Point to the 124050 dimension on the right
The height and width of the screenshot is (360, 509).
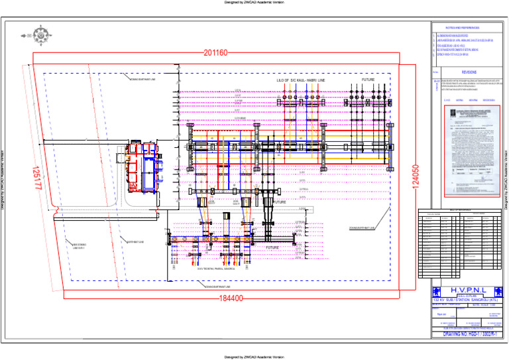tap(415, 178)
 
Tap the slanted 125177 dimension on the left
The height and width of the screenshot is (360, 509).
tap(36, 178)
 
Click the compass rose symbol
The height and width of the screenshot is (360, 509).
tap(41, 34)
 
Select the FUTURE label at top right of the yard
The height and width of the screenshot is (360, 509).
tap(368, 80)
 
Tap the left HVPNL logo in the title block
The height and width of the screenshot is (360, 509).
tap(436, 290)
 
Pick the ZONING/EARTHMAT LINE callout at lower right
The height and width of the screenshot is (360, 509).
tap(362, 228)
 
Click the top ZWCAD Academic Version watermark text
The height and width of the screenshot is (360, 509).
tap(254, 3)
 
